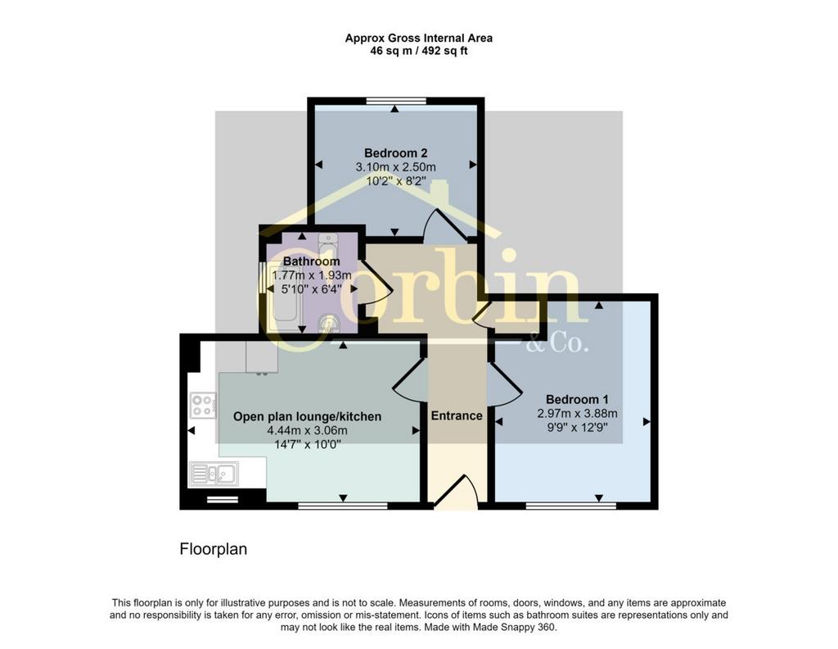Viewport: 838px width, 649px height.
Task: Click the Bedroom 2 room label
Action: (x=395, y=153)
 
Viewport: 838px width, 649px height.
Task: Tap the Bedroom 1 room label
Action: (x=577, y=399)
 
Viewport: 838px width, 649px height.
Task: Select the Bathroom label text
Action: (x=312, y=261)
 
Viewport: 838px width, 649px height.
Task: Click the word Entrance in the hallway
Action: (x=457, y=415)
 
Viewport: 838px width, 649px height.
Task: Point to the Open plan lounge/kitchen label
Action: (x=308, y=416)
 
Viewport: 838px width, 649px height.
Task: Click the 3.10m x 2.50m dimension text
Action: (x=395, y=167)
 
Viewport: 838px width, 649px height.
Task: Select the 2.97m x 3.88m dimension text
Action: (x=577, y=413)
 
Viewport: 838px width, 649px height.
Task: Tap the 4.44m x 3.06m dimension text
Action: (x=308, y=430)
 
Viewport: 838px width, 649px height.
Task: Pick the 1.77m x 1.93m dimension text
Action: (x=312, y=275)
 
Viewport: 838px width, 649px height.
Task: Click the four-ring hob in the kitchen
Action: (x=204, y=405)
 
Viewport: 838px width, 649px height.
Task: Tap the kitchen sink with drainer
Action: (x=214, y=474)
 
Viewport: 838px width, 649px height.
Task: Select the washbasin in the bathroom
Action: (x=329, y=323)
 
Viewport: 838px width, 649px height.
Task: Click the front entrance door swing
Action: (x=456, y=489)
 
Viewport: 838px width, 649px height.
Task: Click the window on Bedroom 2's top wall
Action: (x=397, y=101)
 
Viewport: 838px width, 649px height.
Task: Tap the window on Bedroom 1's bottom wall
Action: (x=570, y=506)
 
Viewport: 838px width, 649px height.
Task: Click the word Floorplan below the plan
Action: (x=214, y=550)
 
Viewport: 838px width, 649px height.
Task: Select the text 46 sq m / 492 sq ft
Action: (x=419, y=52)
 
